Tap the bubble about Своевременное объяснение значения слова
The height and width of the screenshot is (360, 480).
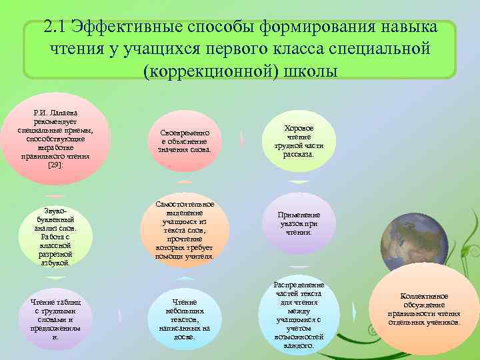coord(185,141)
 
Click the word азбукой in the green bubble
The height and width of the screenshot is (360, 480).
coord(56,263)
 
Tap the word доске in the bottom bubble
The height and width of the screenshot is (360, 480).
coord(183,337)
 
